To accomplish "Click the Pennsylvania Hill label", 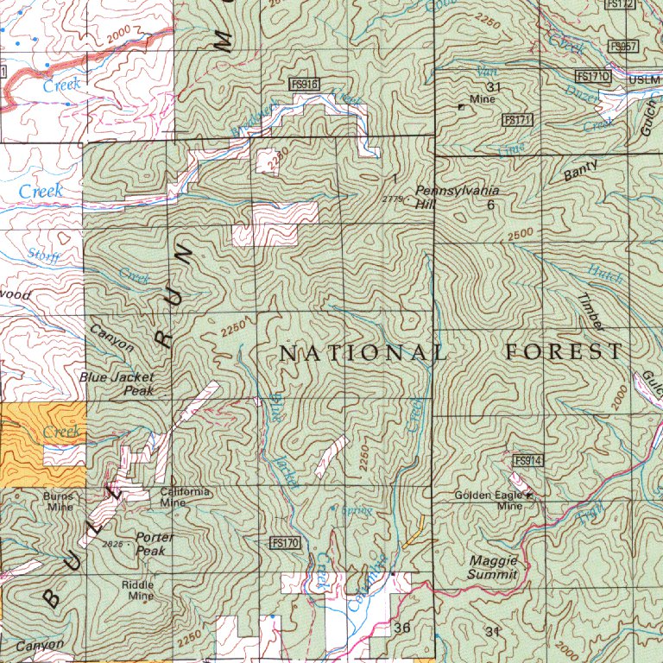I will tap(445, 197).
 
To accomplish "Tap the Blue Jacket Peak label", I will tap(117, 383).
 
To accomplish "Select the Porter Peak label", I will tap(155, 543).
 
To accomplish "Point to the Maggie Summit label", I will tap(493, 567).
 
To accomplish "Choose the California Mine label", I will tap(185, 496).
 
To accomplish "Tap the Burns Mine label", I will tap(60, 502).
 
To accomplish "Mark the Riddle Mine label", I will tap(137, 590).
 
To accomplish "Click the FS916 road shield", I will tap(305, 84).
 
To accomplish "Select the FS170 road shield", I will tap(284, 542).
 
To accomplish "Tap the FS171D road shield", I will tap(594, 78).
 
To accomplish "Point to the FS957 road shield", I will tap(622, 47).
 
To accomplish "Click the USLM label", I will tap(644, 79).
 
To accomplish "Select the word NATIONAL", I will tap(363, 352).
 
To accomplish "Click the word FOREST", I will tap(563, 351).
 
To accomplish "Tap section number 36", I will tap(401, 628).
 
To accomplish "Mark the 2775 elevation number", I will tap(392, 199).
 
